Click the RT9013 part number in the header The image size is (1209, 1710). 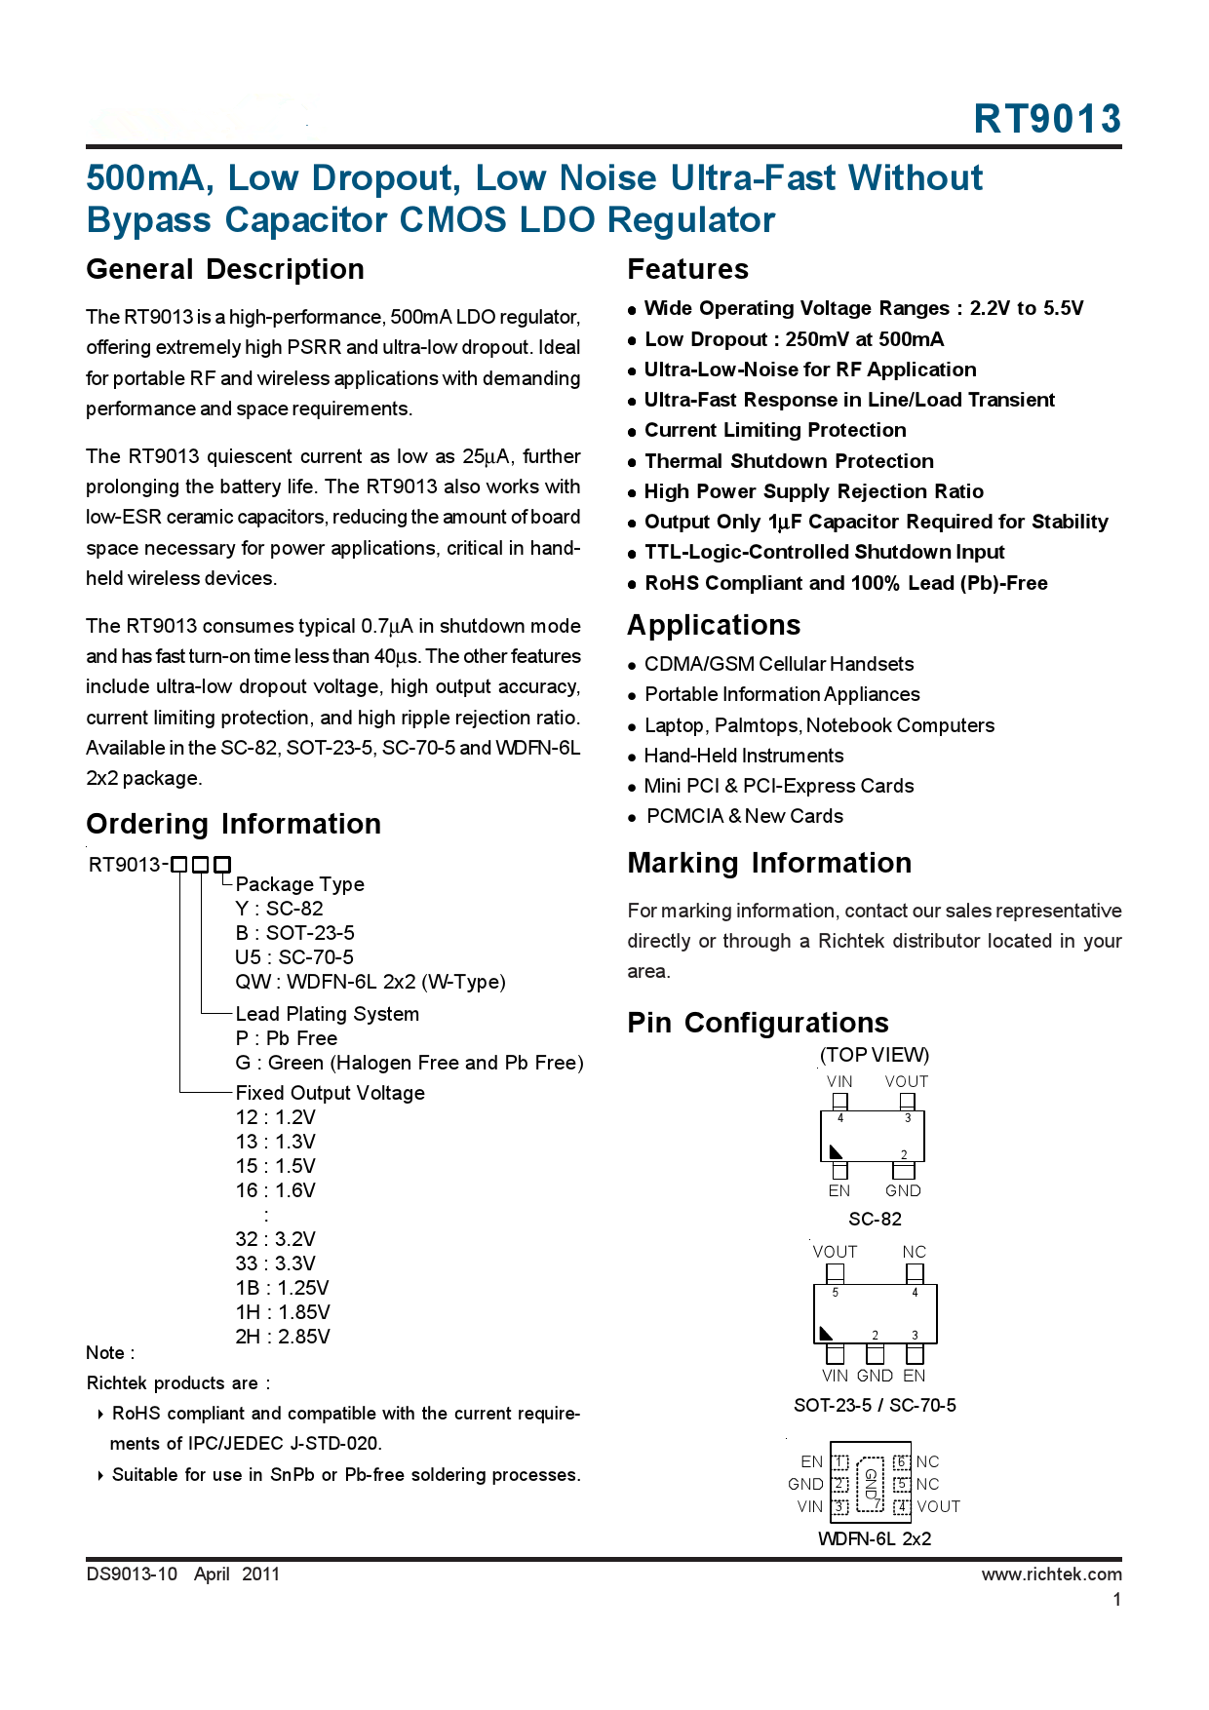(1047, 119)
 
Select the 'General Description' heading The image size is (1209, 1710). (225, 269)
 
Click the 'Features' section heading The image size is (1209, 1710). (687, 269)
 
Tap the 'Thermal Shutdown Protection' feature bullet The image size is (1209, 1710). (788, 461)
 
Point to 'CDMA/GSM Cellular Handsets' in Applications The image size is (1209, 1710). (778, 664)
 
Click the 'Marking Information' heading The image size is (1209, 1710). (769, 863)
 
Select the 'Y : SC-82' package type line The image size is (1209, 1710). (279, 909)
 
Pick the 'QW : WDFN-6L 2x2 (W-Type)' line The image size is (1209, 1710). (370, 982)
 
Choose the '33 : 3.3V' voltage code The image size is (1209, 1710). (275, 1263)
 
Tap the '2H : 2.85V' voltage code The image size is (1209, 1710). (282, 1337)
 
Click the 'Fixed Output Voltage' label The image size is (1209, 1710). (330, 1093)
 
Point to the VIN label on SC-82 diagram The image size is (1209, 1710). (838, 1081)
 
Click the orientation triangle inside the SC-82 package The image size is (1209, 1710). (836, 1151)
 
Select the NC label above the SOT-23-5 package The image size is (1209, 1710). (914, 1252)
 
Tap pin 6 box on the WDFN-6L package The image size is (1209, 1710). (902, 1461)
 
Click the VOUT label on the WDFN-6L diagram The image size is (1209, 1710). (938, 1506)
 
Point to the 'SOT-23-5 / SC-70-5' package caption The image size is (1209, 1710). (875, 1405)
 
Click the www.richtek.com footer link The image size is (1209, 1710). (1051, 1574)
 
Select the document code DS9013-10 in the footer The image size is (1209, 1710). (132, 1574)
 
